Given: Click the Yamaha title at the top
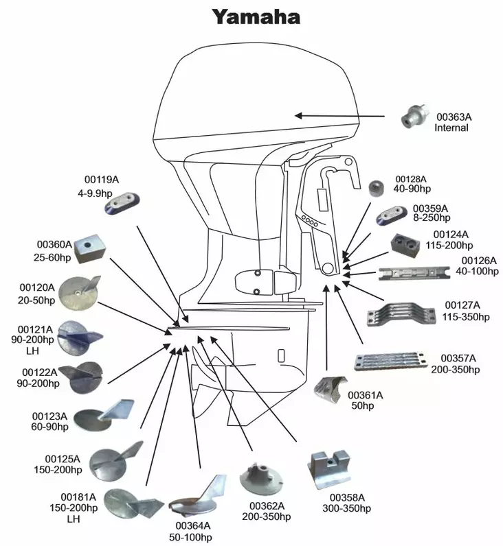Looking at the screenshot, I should click(x=256, y=16).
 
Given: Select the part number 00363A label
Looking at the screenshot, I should click(x=454, y=117).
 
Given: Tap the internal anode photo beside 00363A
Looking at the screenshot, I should click(x=416, y=117).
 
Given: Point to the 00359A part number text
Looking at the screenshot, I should click(x=430, y=208).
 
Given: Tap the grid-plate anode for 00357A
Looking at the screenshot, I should click(x=390, y=361).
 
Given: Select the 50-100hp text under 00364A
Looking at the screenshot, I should click(x=193, y=536).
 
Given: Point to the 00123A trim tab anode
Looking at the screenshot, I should click(x=102, y=415).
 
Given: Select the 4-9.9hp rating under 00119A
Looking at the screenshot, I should click(x=102, y=193).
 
